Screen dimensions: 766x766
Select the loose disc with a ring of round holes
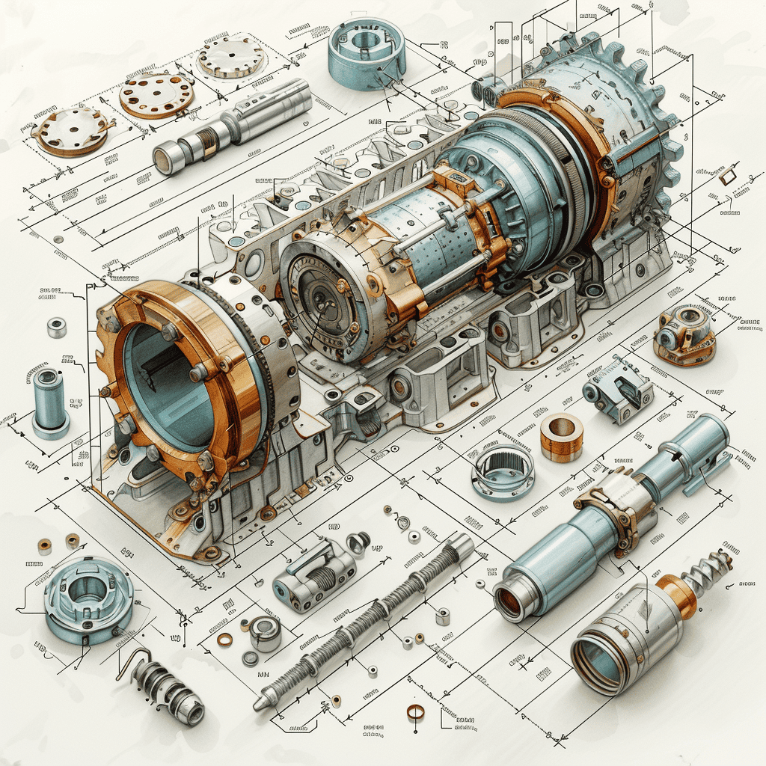(156, 95)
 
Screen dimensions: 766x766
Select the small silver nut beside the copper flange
(57, 327)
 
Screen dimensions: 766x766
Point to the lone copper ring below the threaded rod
(415, 711)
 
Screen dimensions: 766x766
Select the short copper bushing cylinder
(561, 437)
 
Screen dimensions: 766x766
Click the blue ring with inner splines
(503, 471)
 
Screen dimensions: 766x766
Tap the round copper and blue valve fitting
(684, 334)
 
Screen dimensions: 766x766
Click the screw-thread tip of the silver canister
(708, 572)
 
